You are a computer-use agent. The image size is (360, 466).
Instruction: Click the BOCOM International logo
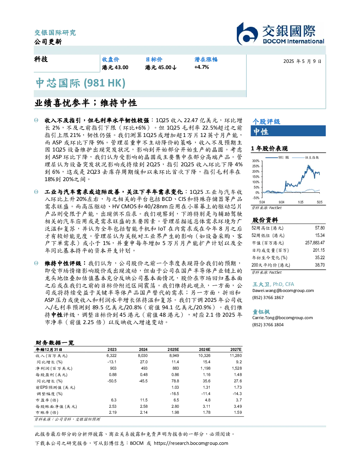coord(281,34)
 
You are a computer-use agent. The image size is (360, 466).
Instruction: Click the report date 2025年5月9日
coord(302,61)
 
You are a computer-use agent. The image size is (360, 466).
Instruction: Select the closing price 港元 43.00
coord(115,67)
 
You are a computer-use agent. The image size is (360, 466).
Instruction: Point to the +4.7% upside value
coord(202,67)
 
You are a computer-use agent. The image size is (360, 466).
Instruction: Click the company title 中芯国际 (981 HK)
coord(80,83)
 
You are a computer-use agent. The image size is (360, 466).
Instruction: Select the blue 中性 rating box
coord(288,131)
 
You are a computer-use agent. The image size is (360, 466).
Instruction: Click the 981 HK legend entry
coord(277,157)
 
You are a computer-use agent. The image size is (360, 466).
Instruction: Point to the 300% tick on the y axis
coord(256,161)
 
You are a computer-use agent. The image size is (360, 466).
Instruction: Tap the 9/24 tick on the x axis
coord(282,202)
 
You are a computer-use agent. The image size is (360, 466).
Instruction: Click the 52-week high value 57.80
coord(320,228)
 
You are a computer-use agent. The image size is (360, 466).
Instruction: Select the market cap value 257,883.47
coord(315,243)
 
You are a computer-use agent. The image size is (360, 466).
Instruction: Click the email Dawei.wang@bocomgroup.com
coord(283,291)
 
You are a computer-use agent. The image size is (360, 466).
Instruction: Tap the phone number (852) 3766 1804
coord(268,325)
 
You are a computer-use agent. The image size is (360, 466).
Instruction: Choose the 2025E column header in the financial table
coord(173,349)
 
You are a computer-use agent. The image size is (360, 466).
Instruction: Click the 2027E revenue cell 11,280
coord(236,356)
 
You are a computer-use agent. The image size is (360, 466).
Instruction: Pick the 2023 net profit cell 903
coord(113,368)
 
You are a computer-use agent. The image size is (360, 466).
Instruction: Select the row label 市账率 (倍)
coord(47,412)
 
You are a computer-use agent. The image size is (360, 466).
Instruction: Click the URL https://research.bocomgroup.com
coord(191,443)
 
